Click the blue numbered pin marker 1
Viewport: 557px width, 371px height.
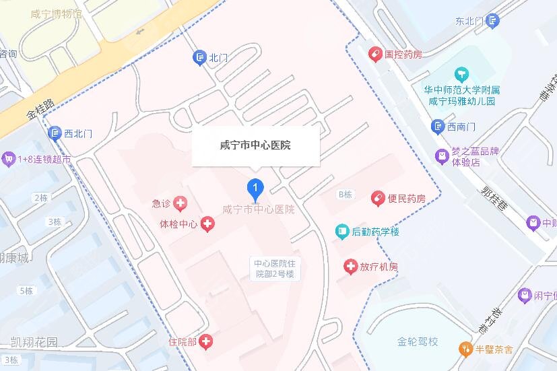(x=255, y=188)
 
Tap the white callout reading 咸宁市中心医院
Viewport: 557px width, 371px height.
(x=255, y=145)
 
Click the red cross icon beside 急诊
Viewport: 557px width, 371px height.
(x=180, y=203)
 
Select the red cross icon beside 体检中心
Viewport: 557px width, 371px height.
(x=207, y=224)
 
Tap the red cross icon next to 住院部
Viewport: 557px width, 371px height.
(x=205, y=342)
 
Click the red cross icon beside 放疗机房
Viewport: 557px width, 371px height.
(x=350, y=267)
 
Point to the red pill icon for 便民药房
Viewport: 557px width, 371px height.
(x=377, y=199)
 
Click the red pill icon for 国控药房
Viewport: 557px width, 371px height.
(x=374, y=54)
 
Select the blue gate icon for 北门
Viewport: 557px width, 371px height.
(x=200, y=58)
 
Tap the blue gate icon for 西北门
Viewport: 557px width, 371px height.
(x=55, y=133)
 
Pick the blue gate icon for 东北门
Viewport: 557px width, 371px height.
(x=494, y=21)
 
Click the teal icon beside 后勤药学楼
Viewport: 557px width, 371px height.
(x=342, y=232)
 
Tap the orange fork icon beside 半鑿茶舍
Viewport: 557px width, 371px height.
(x=465, y=349)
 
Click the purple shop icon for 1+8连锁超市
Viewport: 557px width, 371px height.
(x=9, y=159)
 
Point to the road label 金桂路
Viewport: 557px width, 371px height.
(x=41, y=108)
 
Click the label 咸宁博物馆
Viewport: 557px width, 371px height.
(x=57, y=13)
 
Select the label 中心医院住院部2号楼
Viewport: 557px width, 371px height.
(x=273, y=269)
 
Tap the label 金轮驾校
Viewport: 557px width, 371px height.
(x=418, y=341)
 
